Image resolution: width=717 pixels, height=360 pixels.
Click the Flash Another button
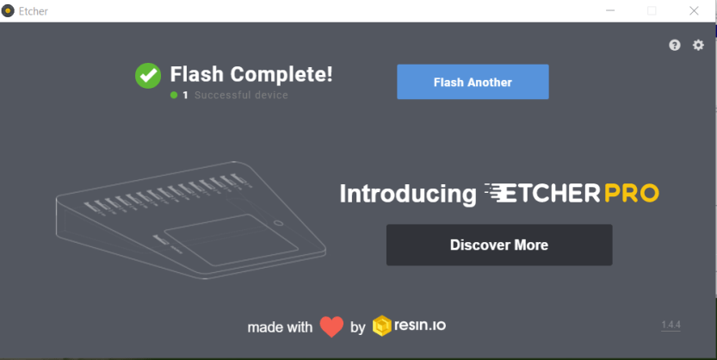[473, 83]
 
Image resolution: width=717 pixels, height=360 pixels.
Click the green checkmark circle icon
[148, 75]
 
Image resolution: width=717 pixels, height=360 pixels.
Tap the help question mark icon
[675, 45]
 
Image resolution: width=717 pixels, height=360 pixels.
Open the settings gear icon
[698, 45]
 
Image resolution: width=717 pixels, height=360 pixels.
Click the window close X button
[694, 10]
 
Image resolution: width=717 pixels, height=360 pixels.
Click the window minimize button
[610, 10]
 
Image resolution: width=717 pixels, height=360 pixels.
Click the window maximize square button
[652, 10]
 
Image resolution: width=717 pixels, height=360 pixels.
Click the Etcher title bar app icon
[9, 10]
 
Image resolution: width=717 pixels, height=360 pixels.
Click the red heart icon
[331, 326]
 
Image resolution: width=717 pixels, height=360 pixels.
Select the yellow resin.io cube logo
[382, 326]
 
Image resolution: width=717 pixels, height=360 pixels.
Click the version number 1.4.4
[671, 325]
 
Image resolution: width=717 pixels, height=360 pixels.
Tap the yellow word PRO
[631, 193]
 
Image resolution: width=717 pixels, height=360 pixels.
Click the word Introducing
[407, 194]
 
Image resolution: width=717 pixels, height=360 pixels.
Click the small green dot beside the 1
[174, 95]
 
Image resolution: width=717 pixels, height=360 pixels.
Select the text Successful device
[241, 95]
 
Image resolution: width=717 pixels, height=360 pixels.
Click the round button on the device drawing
[278, 224]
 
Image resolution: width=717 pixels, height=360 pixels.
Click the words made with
[280, 327]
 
